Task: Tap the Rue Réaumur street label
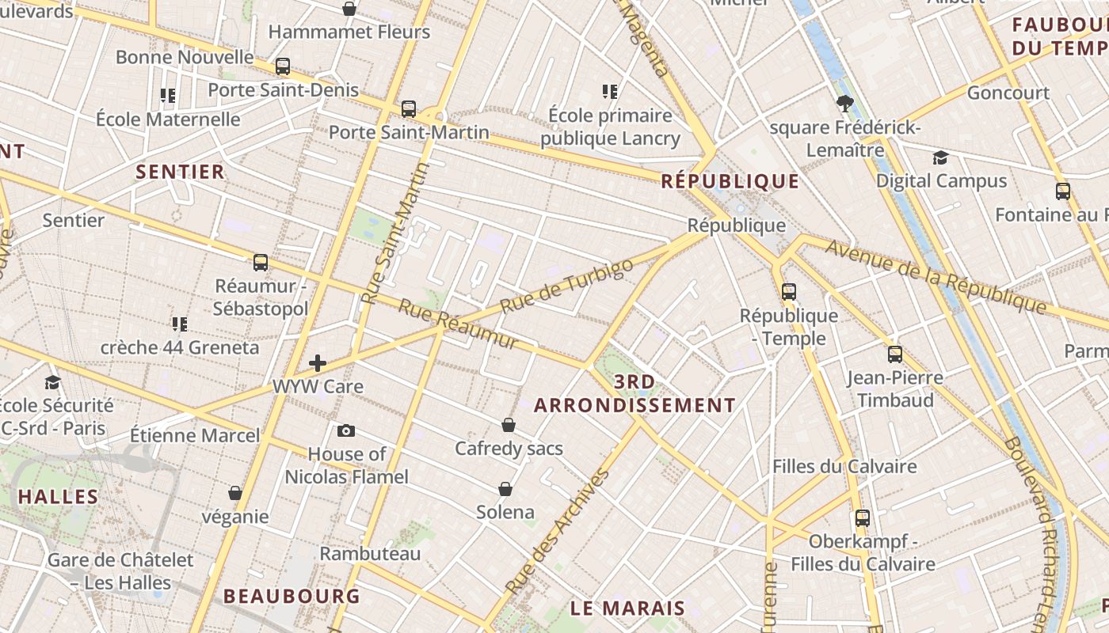[x=458, y=324]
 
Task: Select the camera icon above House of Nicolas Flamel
[x=346, y=431]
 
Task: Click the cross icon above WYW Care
[x=318, y=364]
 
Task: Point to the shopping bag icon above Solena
[x=505, y=489]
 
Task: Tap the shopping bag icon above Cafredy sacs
[x=509, y=426]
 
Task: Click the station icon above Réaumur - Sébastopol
[x=261, y=263]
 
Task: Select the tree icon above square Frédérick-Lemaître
[x=845, y=103]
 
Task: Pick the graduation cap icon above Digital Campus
[x=940, y=157]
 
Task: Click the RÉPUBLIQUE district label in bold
[x=730, y=181]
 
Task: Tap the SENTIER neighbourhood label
[x=181, y=172]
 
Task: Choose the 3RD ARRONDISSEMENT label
[x=635, y=394]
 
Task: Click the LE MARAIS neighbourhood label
[x=628, y=608]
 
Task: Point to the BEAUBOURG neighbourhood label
[x=292, y=596]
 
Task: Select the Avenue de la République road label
[x=936, y=276]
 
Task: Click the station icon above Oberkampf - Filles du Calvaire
[x=863, y=519]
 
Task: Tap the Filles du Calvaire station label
[x=844, y=466]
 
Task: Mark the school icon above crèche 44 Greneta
[x=180, y=324]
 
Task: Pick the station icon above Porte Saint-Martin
[x=409, y=109]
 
